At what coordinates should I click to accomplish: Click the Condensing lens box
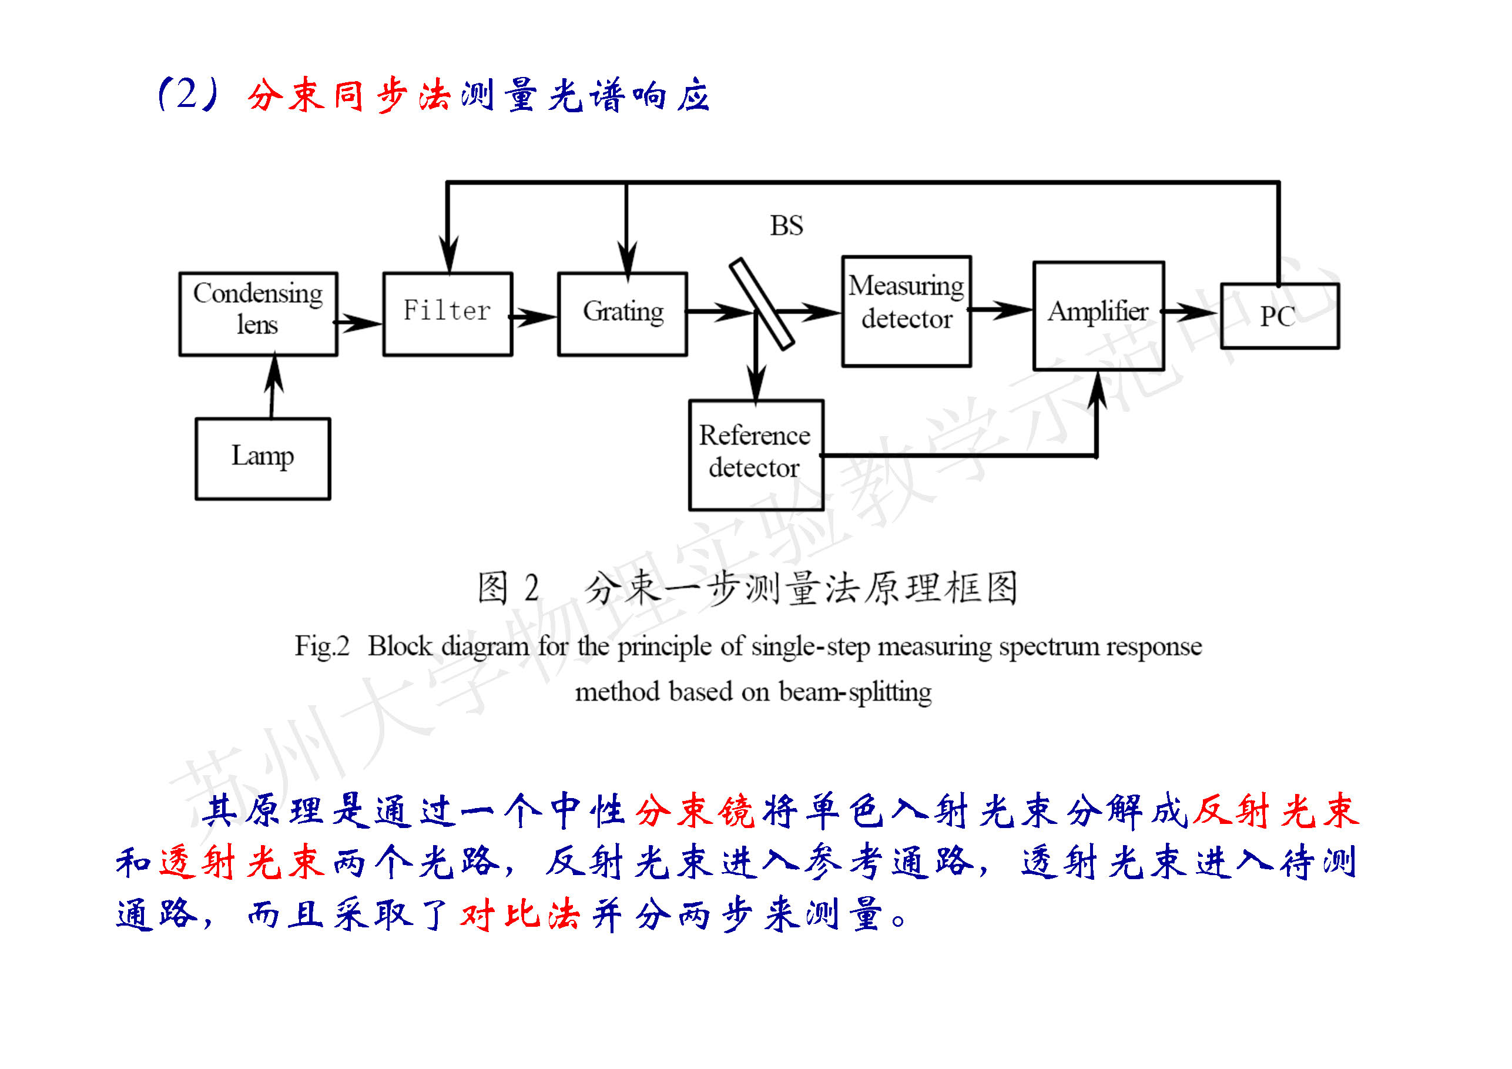pos(258,314)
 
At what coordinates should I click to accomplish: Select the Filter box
pos(447,314)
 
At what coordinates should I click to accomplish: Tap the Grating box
pos(622,314)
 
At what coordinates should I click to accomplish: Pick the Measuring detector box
pos(906,311)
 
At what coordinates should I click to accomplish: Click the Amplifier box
pos(1098,316)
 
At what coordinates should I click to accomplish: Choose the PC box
pos(1279,316)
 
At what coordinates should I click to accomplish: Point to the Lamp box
pos(263,458)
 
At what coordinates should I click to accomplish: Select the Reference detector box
pos(755,454)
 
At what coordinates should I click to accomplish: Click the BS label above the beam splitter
pos(786,226)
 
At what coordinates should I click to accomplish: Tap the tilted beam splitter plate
pos(762,304)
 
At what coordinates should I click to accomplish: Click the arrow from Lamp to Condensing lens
pos(273,387)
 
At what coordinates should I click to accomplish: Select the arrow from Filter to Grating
pos(535,317)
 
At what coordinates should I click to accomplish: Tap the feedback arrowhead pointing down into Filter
pos(448,253)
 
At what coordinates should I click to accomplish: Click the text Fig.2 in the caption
pos(321,646)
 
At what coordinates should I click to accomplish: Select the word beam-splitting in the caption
pos(855,692)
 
